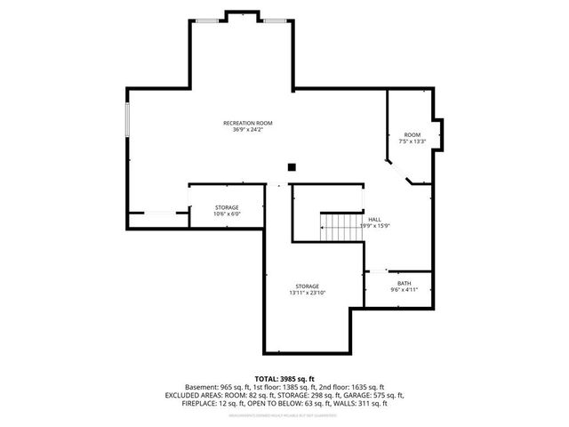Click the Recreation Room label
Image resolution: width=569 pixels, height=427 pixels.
coord(247,122)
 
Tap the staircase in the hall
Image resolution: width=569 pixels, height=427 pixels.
coord(337,227)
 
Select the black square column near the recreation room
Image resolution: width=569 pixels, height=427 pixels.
coord(291,166)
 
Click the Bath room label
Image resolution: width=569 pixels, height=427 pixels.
coord(397,283)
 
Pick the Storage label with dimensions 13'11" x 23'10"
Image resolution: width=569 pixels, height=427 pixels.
coord(308,286)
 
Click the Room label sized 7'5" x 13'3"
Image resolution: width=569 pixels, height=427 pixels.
coord(413,134)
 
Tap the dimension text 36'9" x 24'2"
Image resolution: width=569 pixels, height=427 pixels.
coord(247,129)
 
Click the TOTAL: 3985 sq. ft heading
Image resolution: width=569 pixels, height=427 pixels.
coord(284,379)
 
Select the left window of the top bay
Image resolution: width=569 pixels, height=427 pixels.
coord(206,20)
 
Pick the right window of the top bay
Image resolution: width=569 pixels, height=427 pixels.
coord(275,20)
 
